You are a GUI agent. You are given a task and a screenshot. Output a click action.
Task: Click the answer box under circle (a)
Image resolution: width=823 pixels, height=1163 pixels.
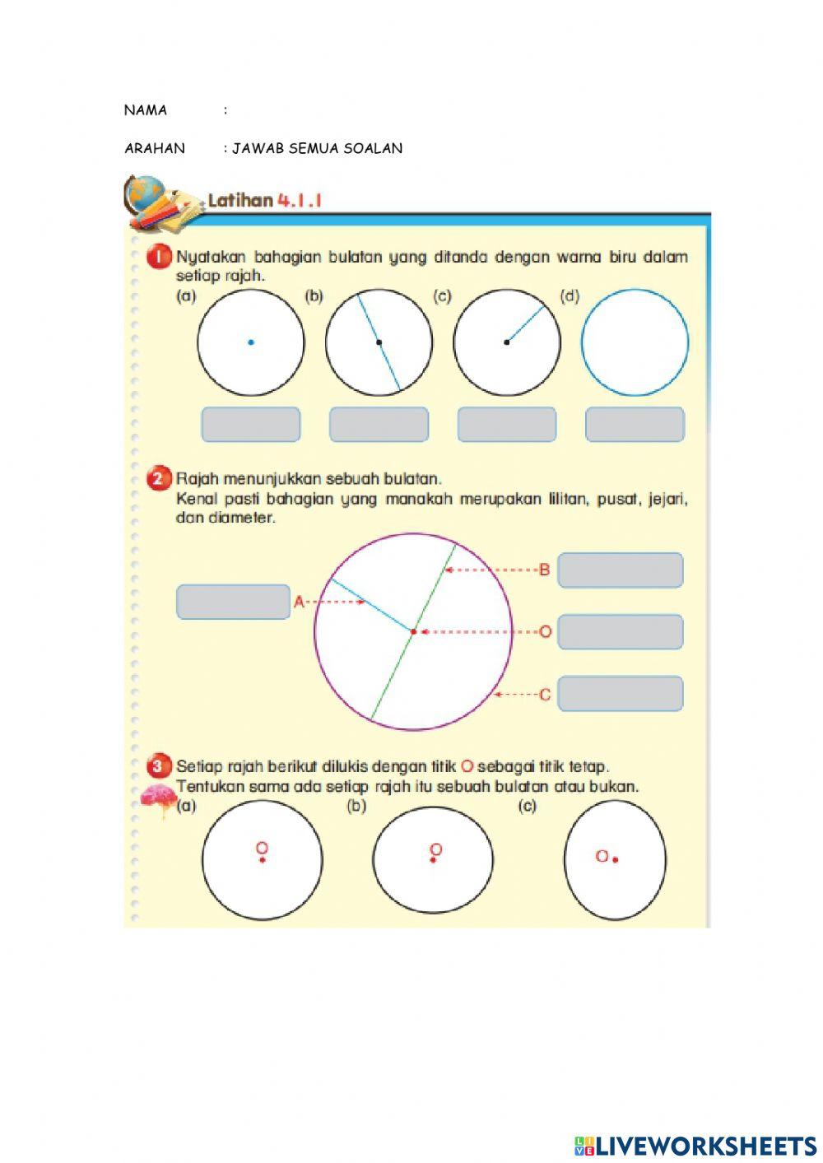(251, 425)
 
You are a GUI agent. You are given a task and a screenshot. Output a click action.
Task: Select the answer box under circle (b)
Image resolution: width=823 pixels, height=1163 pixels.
(379, 425)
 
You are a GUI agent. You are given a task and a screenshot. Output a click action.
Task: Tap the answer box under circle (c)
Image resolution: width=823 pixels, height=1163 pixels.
(506, 425)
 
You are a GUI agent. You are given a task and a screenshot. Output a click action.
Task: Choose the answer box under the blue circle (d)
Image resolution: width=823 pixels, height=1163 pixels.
(635, 425)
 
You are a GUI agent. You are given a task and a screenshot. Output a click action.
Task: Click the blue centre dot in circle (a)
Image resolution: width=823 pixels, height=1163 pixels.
(251, 342)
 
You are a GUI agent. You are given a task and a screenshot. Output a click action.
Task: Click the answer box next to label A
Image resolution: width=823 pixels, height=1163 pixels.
(233, 602)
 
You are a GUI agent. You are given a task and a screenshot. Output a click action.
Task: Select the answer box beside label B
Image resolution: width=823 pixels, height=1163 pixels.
(621, 570)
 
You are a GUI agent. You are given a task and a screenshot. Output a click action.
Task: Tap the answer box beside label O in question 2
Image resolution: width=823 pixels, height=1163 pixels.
(621, 632)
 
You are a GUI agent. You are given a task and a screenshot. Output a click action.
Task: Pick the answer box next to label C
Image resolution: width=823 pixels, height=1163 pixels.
(621, 694)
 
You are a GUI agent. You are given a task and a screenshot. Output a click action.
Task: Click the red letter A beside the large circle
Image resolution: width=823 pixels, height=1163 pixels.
(299, 602)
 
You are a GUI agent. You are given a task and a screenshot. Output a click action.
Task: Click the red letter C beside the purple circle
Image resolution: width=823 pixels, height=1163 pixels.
(545, 695)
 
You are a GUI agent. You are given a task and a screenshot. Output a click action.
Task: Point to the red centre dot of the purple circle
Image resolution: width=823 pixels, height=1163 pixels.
(413, 632)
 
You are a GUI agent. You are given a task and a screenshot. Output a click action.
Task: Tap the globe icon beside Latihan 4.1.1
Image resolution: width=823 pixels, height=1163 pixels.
(146, 195)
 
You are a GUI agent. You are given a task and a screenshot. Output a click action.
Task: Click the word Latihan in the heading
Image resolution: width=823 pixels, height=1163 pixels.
(239, 200)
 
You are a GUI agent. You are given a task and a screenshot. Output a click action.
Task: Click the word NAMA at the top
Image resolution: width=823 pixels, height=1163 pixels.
(146, 110)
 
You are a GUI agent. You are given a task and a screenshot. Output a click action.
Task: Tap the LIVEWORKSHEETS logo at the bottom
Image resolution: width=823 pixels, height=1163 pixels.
(695, 1145)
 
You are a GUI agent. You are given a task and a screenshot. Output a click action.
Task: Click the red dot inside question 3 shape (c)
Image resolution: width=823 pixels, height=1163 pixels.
(616, 859)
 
